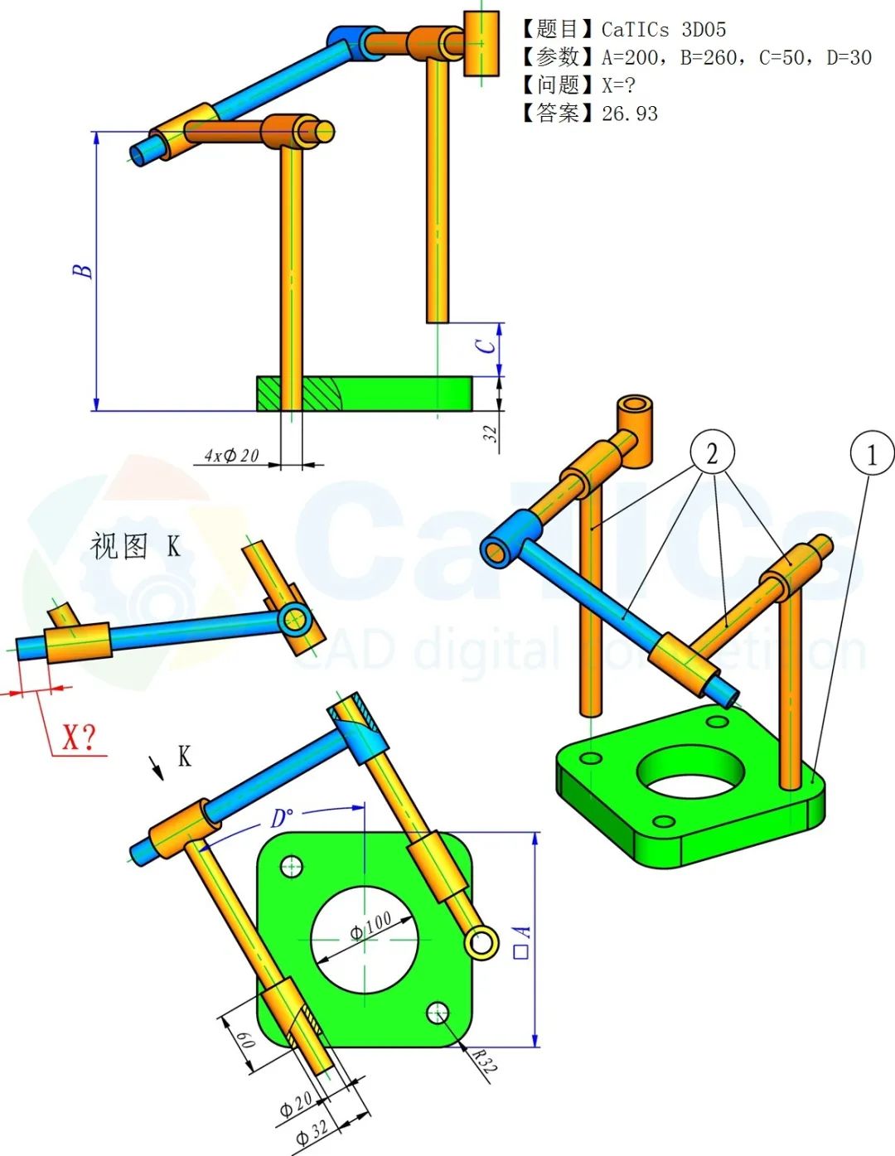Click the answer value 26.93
pyautogui.click(x=630, y=114)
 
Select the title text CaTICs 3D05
pyautogui.click(x=663, y=30)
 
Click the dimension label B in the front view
pyautogui.click(x=82, y=271)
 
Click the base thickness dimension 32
pyautogui.click(x=491, y=433)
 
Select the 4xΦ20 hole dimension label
pyautogui.click(x=232, y=455)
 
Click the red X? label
pyautogui.click(x=80, y=737)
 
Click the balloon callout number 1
pyautogui.click(x=871, y=454)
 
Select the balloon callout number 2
pyautogui.click(x=711, y=452)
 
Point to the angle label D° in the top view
pyautogui.click(x=282, y=819)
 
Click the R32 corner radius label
pyautogui.click(x=484, y=1060)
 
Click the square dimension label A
pyautogui.click(x=522, y=942)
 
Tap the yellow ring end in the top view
pyautogui.click(x=481, y=942)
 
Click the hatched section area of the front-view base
pyautogui.click(x=319, y=394)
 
